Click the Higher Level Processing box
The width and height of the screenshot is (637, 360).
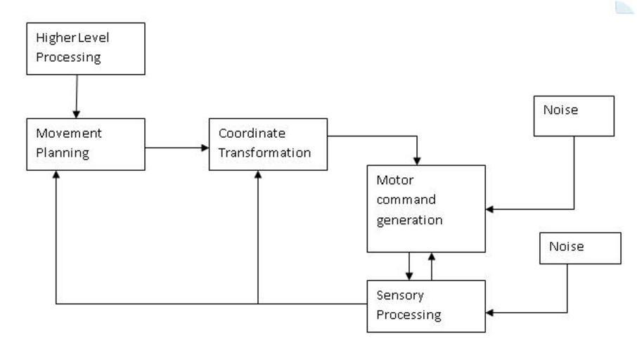tap(86, 49)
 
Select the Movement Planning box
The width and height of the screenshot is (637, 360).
tap(86, 144)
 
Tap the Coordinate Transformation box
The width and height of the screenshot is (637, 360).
tap(268, 144)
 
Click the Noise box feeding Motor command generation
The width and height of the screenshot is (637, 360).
tap(574, 116)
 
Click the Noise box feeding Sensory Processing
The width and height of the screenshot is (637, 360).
tap(580, 248)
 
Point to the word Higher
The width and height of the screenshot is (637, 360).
tap(54, 38)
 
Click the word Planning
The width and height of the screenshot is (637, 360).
tap(62, 153)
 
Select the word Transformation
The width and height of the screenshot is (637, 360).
tap(264, 153)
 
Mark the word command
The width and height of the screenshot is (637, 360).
tap(406, 199)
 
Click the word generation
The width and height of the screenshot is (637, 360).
tap(409, 219)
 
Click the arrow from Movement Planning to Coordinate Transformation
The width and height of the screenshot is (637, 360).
tap(176, 148)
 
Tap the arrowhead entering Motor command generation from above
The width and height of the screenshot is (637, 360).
tap(418, 160)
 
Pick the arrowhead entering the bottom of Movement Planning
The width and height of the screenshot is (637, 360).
tap(56, 175)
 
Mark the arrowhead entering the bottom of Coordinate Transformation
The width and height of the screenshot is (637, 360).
tap(258, 175)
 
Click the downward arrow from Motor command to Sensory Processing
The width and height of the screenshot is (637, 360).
tap(409, 266)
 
